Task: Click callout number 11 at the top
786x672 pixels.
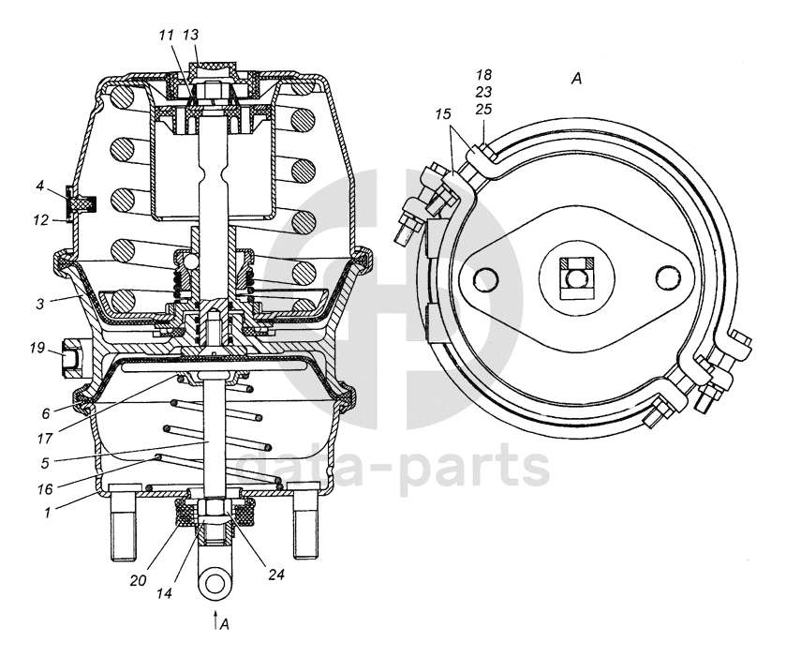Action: tap(167, 36)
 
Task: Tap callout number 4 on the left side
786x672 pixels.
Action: tap(40, 187)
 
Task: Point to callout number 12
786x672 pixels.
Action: tap(40, 221)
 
